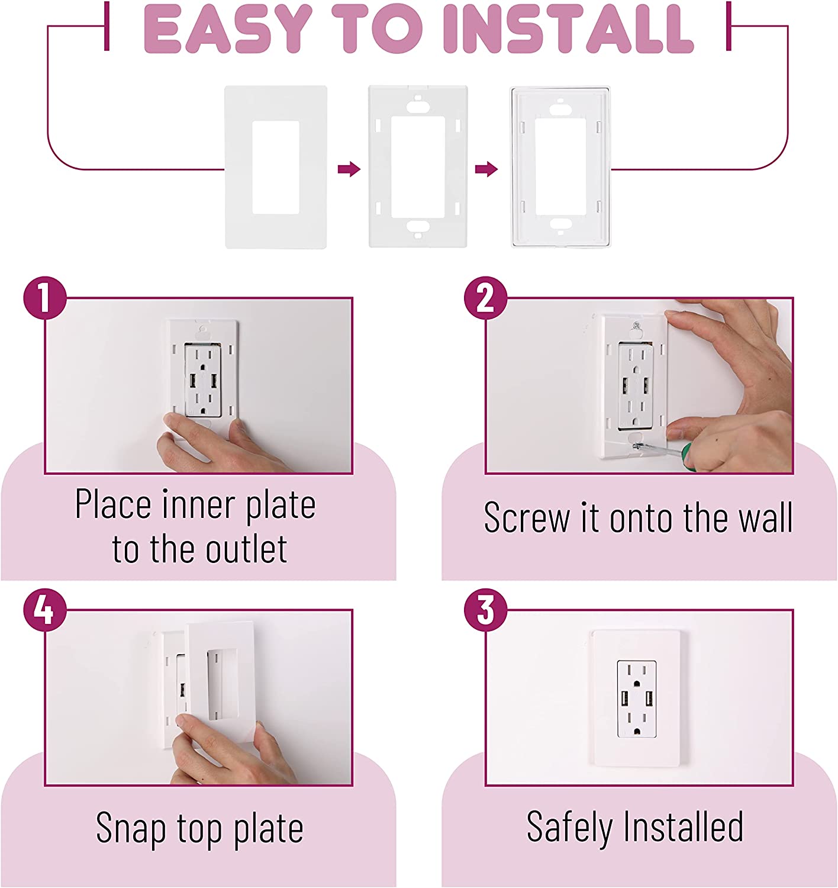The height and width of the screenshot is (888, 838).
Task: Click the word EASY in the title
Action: pyautogui.click(x=228, y=29)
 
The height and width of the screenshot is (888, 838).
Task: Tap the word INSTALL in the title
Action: pyautogui.click(x=568, y=29)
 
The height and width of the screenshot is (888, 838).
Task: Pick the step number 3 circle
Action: pyautogui.click(x=486, y=610)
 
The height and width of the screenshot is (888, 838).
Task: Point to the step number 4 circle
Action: pyautogui.click(x=45, y=610)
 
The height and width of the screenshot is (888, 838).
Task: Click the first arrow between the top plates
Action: pyautogui.click(x=349, y=169)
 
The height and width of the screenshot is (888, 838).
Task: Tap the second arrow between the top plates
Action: pyautogui.click(x=486, y=169)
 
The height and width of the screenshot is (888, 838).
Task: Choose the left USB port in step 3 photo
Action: pyautogui.click(x=625, y=699)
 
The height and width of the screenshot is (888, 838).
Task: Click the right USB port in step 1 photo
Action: pyautogui.click(x=213, y=381)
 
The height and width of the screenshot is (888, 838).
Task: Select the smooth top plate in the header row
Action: pyautogui.click(x=276, y=167)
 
